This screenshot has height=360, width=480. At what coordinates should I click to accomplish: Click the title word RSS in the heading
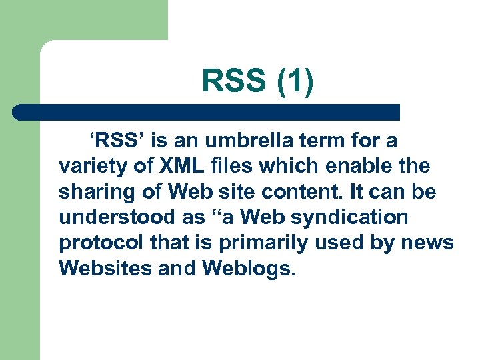(233, 83)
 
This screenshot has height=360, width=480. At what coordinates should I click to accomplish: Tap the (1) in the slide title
(291, 83)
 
